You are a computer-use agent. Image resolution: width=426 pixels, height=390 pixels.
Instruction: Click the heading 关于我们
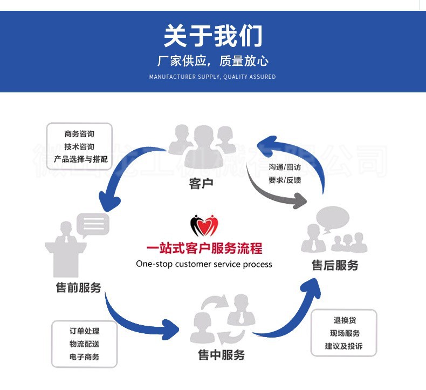[213, 36]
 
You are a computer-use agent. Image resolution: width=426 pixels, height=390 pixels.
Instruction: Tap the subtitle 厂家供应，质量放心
[213, 60]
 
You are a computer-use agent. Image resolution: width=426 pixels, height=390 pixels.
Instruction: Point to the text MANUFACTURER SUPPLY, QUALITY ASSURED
[212, 77]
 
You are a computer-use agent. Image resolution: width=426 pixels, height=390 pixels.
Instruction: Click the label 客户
[201, 184]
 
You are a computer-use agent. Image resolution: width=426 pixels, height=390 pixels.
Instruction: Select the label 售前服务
[78, 287]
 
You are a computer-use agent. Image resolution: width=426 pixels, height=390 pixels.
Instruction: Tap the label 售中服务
[221, 355]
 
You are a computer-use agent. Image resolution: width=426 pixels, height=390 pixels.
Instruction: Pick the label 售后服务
[335, 265]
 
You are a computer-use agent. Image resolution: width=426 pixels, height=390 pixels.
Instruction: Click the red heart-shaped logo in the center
[204, 226]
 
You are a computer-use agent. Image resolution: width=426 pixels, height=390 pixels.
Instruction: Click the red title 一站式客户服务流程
[204, 248]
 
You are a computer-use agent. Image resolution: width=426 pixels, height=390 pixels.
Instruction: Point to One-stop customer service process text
[204, 264]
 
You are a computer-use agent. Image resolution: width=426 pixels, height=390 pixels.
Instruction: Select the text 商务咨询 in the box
[79, 134]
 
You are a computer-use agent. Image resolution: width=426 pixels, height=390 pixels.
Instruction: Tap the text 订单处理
[85, 331]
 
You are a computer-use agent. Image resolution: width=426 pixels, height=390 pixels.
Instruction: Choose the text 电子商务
[85, 357]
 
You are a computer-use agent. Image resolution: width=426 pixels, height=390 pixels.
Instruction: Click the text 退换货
[345, 320]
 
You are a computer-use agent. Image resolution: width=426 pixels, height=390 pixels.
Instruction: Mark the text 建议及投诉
[343, 346]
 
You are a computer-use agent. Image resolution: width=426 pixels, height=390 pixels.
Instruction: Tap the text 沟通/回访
[285, 167]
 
